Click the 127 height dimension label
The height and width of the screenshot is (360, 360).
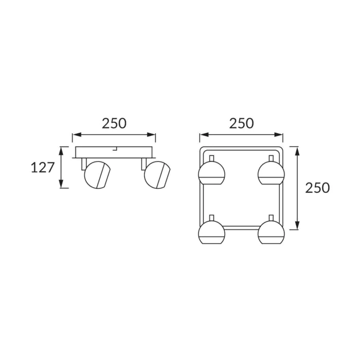tap(43, 167)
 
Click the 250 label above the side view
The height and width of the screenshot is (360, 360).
tap(114, 123)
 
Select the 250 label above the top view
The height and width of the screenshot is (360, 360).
tap(242, 123)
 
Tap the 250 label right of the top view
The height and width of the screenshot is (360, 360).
tap(317, 188)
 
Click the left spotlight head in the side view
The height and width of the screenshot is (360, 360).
tap(98, 175)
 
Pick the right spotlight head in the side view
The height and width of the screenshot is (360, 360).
tap(157, 175)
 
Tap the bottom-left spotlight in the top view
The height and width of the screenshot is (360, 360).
tap(211, 232)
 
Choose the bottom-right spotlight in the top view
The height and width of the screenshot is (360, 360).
tap(271, 232)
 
